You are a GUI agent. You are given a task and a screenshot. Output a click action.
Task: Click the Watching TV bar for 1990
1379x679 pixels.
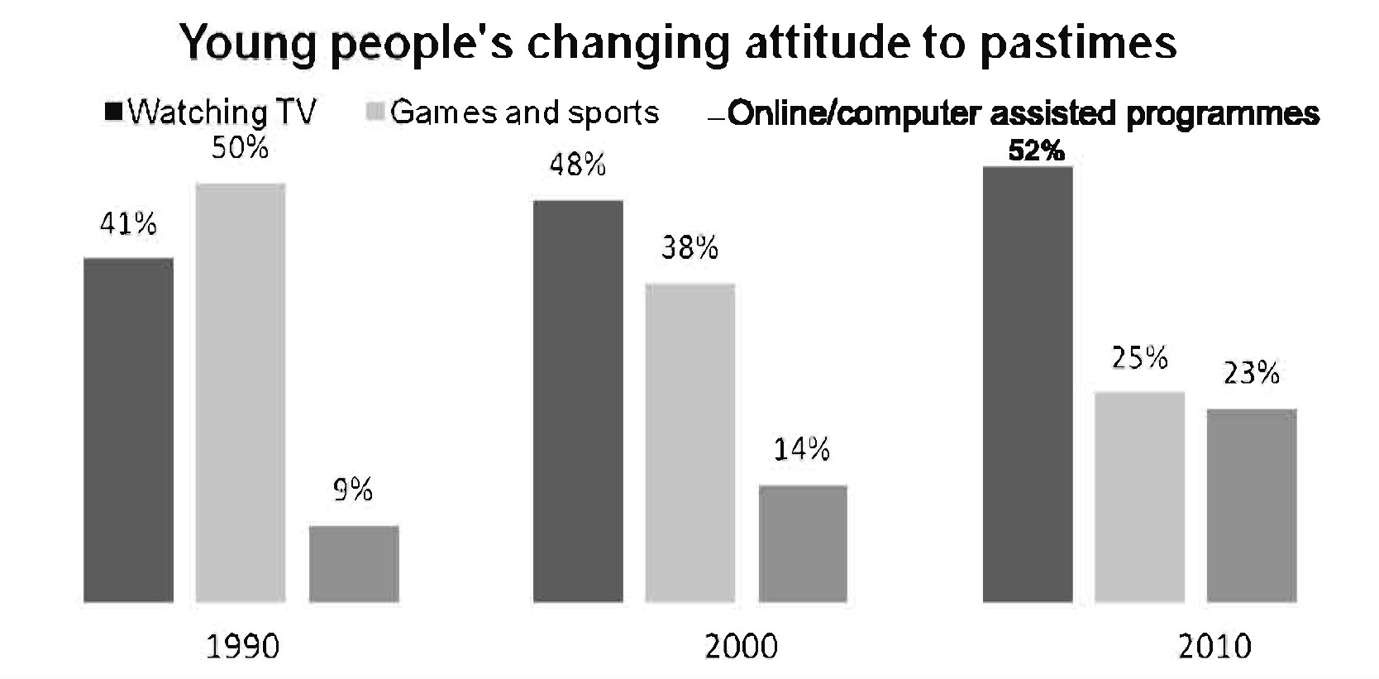(129, 429)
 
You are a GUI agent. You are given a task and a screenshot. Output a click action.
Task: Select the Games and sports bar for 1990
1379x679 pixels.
(241, 392)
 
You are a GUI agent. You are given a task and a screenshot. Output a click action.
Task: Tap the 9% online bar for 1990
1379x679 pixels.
(354, 563)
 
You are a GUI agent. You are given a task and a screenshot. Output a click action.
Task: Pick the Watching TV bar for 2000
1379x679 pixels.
(578, 400)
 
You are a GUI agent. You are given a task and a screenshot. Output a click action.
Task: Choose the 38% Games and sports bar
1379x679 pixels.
(690, 442)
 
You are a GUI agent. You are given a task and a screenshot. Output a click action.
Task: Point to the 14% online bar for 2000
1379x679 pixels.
(803, 543)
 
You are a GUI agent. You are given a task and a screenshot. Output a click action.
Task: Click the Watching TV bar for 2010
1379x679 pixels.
(1027, 384)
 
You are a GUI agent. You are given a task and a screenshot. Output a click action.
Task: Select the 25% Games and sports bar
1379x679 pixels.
(1139, 496)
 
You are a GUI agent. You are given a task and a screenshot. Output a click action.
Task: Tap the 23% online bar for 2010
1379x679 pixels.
(1252, 504)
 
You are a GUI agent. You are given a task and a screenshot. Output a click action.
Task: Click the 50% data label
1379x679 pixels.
(241, 148)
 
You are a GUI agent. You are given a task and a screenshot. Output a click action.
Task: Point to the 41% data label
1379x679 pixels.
(129, 223)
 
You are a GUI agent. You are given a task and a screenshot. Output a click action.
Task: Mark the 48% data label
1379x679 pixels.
(578, 165)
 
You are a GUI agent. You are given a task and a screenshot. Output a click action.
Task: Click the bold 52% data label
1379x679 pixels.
(1036, 151)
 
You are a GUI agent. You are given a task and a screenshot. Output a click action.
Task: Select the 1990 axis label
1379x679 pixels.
(242, 646)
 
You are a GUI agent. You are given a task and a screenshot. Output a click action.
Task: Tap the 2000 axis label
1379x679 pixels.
(741, 646)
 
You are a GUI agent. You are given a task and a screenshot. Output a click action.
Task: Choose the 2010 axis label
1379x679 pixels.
(1214, 646)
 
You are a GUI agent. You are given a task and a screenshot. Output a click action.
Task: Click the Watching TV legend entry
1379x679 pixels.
(212, 112)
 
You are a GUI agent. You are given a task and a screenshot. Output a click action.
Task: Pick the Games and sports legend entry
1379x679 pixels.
(513, 112)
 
